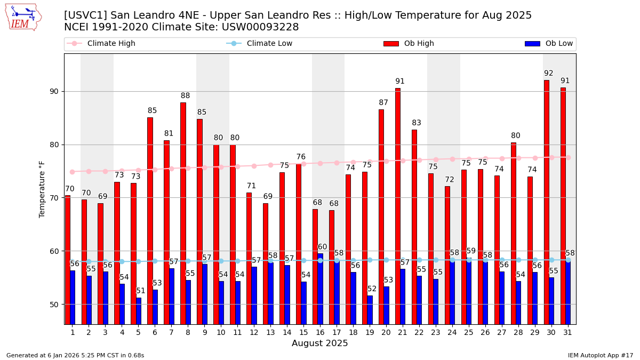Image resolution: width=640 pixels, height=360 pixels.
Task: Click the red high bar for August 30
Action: pyautogui.click(x=547, y=202)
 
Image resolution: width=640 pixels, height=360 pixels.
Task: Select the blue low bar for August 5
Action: pyautogui.click(x=139, y=311)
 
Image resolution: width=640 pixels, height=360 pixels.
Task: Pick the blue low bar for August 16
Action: pyautogui.click(x=320, y=289)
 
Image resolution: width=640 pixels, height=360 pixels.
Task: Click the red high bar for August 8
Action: pyautogui.click(x=183, y=213)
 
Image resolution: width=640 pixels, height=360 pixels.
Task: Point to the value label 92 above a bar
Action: pyautogui.click(x=549, y=74)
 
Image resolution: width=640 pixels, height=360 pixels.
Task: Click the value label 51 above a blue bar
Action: pyautogui.click(x=141, y=291)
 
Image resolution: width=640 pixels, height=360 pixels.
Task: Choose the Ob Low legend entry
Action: pyautogui.click(x=549, y=44)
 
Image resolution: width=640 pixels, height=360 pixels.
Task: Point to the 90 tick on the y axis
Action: pyautogui.click(x=53, y=91)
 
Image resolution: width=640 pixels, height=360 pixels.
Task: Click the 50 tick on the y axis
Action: pyautogui.click(x=53, y=305)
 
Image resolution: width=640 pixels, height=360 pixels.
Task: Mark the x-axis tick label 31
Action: pyautogui.click(x=567, y=332)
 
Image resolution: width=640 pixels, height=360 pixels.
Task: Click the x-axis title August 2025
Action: pyautogui.click(x=319, y=343)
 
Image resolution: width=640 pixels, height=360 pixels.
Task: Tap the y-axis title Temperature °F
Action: pyautogui.click(x=42, y=189)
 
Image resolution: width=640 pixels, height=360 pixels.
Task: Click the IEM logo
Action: pyautogui.click(x=23, y=17)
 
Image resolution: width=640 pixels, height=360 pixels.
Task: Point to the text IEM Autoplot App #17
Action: pyautogui.click(x=600, y=355)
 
